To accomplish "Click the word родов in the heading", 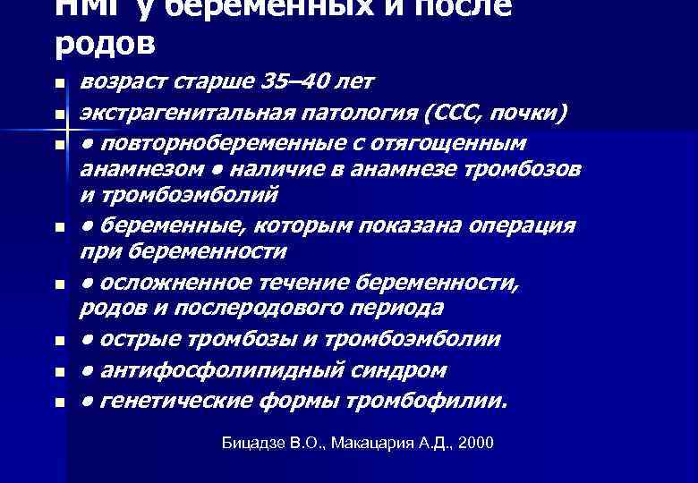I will [x=105, y=42].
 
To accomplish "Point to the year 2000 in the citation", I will [x=474, y=443].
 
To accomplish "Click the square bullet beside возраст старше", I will [x=59, y=84].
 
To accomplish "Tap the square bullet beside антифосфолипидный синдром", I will [x=59, y=371].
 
